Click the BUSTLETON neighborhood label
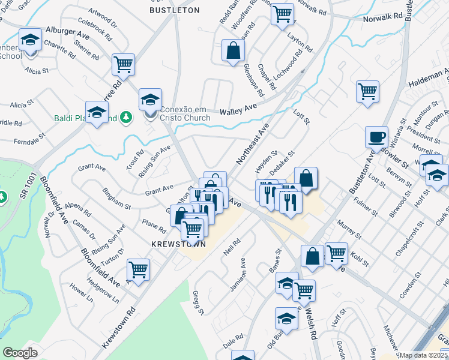pyautogui.click(x=174, y=10)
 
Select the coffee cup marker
pyautogui.click(x=376, y=137)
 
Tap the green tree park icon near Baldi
pyautogui.click(x=125, y=116)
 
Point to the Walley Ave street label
pyautogui.click(x=238, y=112)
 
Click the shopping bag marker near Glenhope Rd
pyautogui.click(x=232, y=52)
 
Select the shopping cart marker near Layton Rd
pyautogui.click(x=282, y=14)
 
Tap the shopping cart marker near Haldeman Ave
pyautogui.click(x=367, y=92)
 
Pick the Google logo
pyautogui.click(x=20, y=353)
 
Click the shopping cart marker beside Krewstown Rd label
pyautogui.click(x=138, y=270)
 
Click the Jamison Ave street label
pyautogui.click(x=238, y=275)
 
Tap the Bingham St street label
pyautogui.click(x=116, y=197)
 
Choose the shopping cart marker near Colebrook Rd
pyautogui.click(x=123, y=65)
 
